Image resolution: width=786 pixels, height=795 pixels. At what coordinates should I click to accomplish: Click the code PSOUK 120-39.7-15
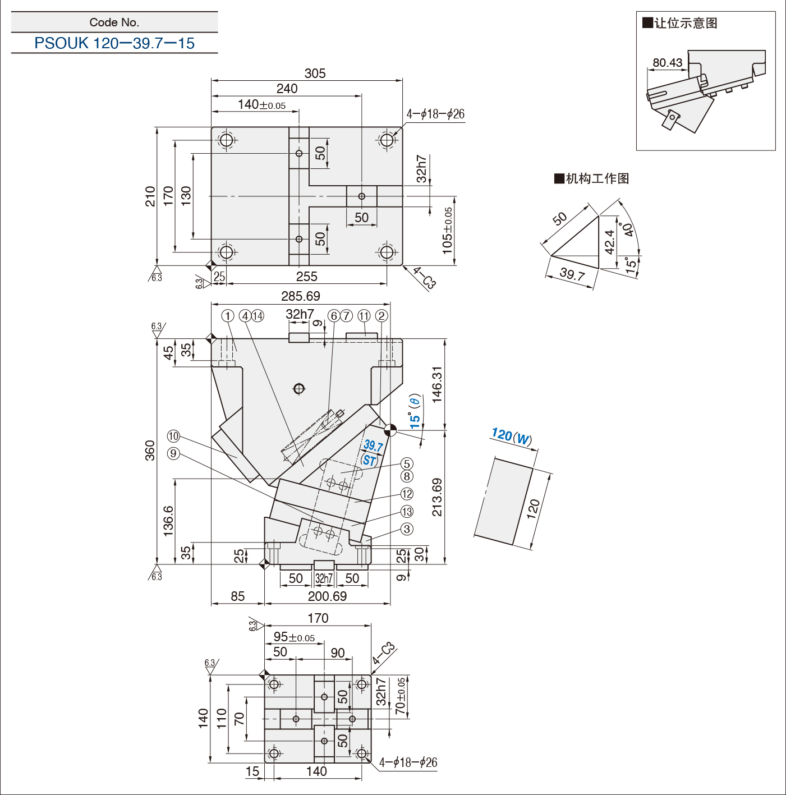coord(114,43)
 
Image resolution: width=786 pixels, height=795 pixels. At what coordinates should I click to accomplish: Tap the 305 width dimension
coord(315,73)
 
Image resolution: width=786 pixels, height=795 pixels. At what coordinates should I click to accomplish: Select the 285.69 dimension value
coord(300,296)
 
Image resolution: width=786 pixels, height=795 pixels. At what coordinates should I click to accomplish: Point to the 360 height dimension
coord(150,451)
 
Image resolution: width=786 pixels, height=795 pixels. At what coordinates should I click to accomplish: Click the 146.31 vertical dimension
coord(437,384)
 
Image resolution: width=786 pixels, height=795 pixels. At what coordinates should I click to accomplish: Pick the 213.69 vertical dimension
coord(437,497)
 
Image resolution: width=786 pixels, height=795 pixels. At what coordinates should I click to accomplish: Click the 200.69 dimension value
coord(327,596)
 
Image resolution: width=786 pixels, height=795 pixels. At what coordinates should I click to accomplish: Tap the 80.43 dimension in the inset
coord(667,63)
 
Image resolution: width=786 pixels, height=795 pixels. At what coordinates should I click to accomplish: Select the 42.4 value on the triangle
coord(609,242)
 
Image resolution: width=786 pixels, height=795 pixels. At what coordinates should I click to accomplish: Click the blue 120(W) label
coord(512,436)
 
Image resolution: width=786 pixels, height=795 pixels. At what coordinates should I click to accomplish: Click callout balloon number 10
coord(173,436)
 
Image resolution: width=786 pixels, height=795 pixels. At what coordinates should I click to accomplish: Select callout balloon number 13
coord(407,512)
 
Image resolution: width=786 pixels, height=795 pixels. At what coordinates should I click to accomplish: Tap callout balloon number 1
coord(228,316)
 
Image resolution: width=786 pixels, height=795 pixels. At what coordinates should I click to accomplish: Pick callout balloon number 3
coord(407,529)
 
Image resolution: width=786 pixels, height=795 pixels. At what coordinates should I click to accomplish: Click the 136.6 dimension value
coord(168,521)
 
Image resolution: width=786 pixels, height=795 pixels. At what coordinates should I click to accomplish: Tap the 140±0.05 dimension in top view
coord(261,104)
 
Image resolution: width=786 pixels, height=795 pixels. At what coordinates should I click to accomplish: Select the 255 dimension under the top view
coord(306,277)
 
